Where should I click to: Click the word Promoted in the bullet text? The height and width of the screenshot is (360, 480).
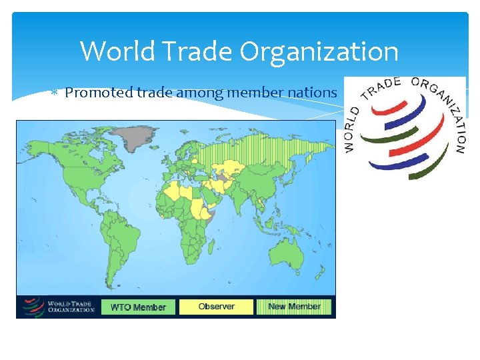point(96,92)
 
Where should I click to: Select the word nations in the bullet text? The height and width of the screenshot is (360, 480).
point(314,92)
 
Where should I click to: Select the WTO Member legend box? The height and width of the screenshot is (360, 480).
point(138,307)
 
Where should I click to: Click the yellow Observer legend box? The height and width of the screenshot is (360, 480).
point(217,307)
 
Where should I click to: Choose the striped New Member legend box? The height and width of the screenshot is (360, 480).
point(294,307)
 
